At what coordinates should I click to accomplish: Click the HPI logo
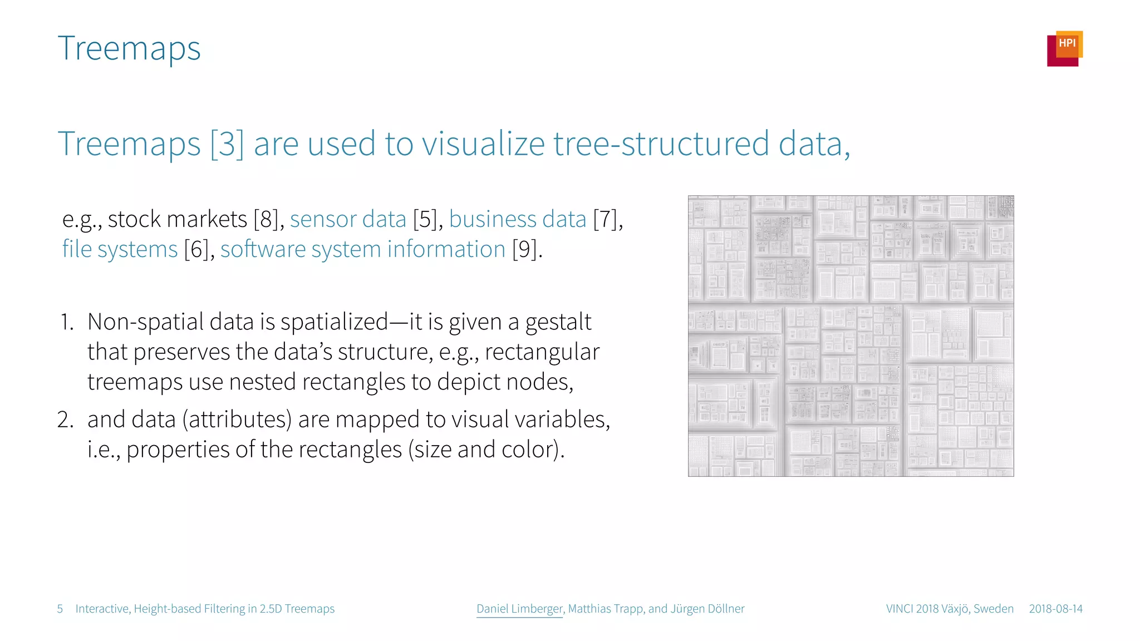tap(1064, 48)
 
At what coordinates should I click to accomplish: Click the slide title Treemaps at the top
tap(129, 49)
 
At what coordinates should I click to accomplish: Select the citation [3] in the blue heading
tap(227, 144)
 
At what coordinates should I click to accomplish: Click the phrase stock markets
tap(177, 219)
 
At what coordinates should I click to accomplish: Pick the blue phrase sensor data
tap(348, 219)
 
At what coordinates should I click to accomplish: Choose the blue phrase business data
tap(517, 219)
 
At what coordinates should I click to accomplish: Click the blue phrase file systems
tap(120, 249)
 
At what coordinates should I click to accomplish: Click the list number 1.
tap(67, 322)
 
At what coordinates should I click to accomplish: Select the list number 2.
tap(65, 420)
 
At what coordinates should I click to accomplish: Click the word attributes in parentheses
tap(237, 420)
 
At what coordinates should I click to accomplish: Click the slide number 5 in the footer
tap(60, 609)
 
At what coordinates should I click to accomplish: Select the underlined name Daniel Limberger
tap(519, 609)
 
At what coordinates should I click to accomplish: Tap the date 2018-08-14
tap(1055, 609)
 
